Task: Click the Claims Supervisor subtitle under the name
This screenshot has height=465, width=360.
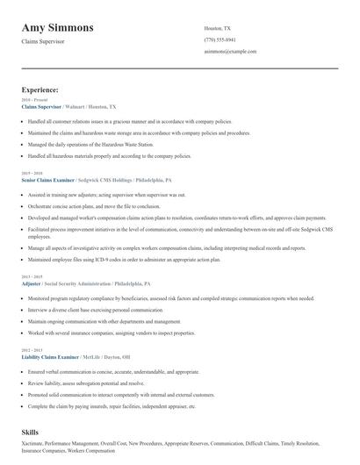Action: pos(43,41)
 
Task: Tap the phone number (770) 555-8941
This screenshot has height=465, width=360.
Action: pos(220,39)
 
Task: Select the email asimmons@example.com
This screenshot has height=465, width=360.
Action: pos(229,52)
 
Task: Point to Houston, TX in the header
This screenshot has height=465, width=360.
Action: pos(218,28)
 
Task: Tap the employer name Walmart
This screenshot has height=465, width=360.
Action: pos(76,106)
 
